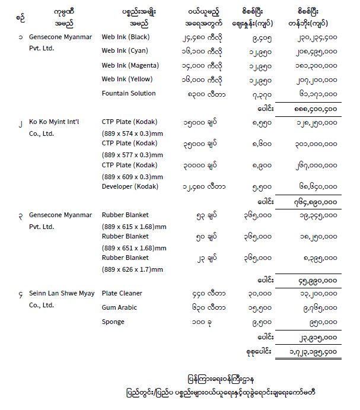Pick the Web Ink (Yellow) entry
tap(126, 80)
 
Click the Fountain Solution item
tap(129, 93)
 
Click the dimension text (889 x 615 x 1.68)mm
tap(135, 226)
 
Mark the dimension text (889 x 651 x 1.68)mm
tap(135, 247)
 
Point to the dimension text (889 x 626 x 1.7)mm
tap(132, 269)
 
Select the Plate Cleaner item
tap(122, 293)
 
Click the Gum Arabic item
tap(120, 307)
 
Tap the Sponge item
tap(113, 322)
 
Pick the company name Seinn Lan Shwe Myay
tap(62, 293)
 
